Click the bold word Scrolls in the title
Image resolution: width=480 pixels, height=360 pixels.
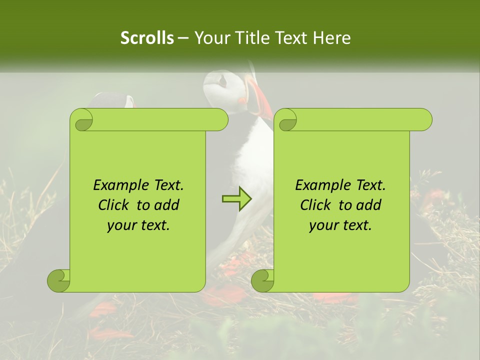coord(147,38)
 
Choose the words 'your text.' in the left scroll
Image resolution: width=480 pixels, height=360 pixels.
coord(138,225)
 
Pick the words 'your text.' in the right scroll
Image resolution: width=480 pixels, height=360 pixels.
coord(340,225)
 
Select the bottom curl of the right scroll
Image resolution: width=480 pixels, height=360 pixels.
coord(263,281)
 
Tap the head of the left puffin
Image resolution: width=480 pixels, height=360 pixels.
coord(116,99)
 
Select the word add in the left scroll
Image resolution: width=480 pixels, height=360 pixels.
coord(167,205)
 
